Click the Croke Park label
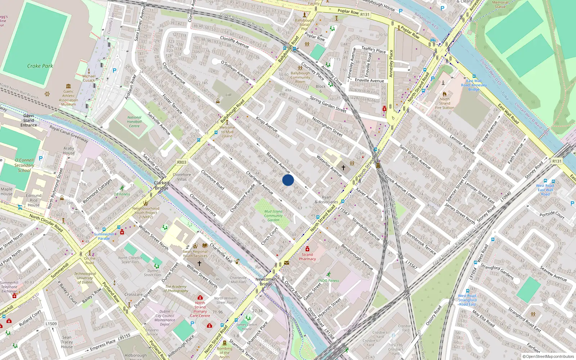click(x=40, y=66)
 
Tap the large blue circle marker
click(x=288, y=180)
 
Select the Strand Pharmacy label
click(x=307, y=257)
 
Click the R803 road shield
click(x=182, y=162)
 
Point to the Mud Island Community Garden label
click(x=273, y=216)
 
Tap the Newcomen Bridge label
click(x=266, y=282)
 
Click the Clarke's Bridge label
click(x=162, y=185)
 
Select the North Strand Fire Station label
click(x=445, y=103)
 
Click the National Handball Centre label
click(x=134, y=122)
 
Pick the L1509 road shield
click(x=51, y=324)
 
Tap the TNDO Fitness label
click(x=328, y=280)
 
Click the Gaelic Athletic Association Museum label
click(x=68, y=98)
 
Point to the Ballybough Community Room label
click(x=300, y=77)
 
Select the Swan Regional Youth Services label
click(x=195, y=253)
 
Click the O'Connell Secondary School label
click(x=24, y=165)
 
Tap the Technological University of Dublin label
click(x=85, y=278)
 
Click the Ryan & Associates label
click(x=326, y=199)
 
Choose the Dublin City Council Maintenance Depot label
click(x=165, y=318)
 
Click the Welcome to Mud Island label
click(x=227, y=132)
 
